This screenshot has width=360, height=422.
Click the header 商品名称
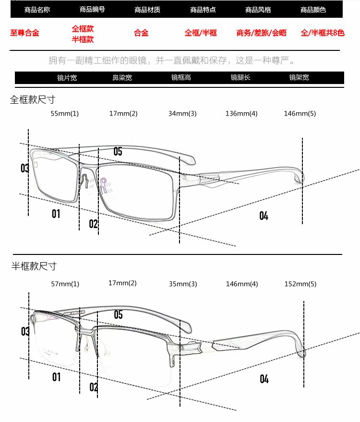(37, 10)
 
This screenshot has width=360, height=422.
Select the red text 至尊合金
(24, 33)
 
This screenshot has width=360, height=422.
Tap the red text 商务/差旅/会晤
(261, 33)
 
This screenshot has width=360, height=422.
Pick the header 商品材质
(147, 10)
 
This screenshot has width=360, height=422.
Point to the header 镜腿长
(240, 77)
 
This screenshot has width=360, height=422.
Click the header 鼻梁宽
(122, 77)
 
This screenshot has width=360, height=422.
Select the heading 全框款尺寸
(33, 99)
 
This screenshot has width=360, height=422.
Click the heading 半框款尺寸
(34, 266)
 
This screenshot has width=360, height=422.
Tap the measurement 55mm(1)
(65, 114)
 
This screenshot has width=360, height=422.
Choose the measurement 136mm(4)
(241, 114)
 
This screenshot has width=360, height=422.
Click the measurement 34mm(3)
(182, 114)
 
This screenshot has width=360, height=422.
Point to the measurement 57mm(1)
(65, 284)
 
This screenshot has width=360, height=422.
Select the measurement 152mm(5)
(300, 284)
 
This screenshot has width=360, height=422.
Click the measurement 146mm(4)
(242, 284)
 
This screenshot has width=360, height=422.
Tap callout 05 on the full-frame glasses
(118, 152)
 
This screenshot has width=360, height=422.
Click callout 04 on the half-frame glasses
(264, 379)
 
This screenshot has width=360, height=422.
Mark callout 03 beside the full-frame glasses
(25, 168)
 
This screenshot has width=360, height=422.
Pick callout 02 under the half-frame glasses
(94, 387)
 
